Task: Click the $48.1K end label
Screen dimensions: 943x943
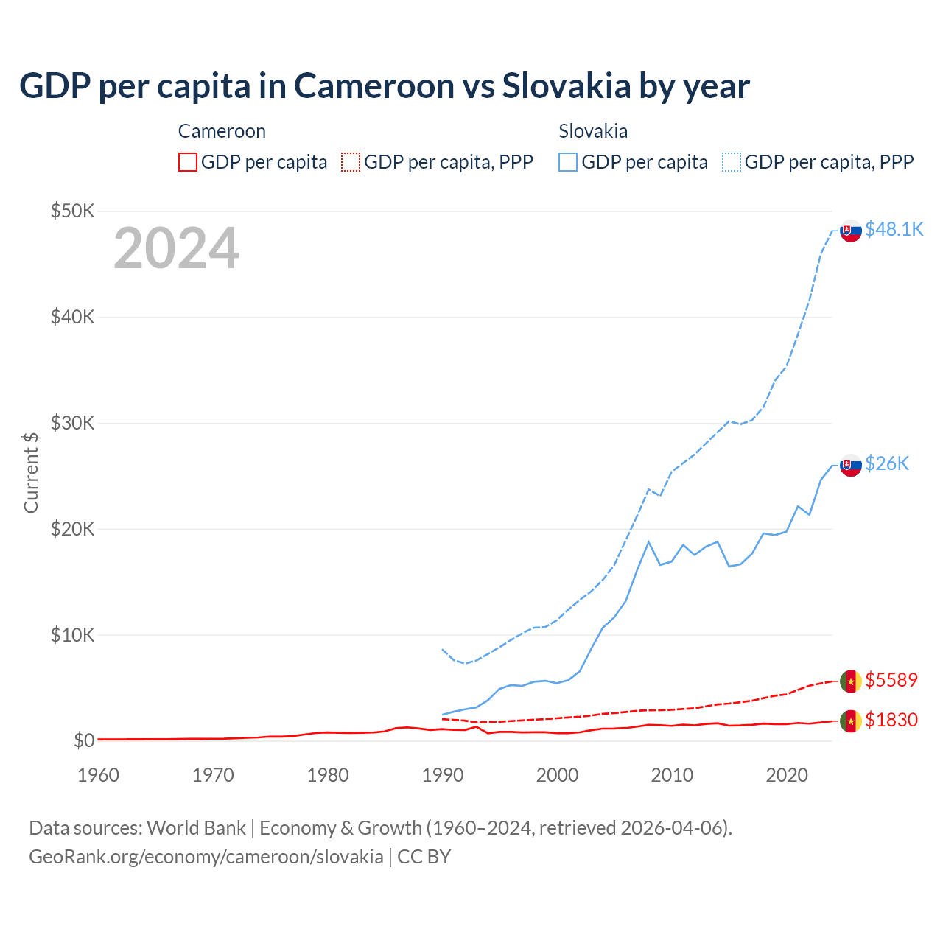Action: click(x=894, y=229)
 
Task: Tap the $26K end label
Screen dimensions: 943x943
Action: click(x=887, y=463)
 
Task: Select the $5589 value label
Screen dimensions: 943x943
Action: click(x=891, y=679)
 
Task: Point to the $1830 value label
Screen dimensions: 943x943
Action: click(x=891, y=719)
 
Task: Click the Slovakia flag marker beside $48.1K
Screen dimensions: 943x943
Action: click(x=851, y=231)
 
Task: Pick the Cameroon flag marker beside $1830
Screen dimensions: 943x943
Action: click(x=851, y=721)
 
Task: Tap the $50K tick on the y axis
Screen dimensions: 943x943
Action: click(x=72, y=211)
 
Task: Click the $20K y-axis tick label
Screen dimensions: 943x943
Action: click(x=72, y=529)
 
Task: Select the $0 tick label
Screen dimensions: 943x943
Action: click(x=84, y=740)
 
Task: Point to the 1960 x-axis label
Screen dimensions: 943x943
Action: click(x=98, y=775)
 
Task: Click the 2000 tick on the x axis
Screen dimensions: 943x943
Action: click(x=557, y=775)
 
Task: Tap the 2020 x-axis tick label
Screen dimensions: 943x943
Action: click(x=787, y=775)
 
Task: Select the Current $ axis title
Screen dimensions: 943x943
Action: click(x=31, y=472)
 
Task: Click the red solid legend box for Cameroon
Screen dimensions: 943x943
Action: click(x=188, y=162)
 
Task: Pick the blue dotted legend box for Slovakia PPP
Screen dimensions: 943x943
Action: click(x=732, y=162)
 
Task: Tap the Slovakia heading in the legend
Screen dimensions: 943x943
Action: click(x=593, y=131)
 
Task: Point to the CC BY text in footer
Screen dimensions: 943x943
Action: click(x=424, y=857)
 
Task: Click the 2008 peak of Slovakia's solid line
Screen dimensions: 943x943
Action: click(x=648, y=542)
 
